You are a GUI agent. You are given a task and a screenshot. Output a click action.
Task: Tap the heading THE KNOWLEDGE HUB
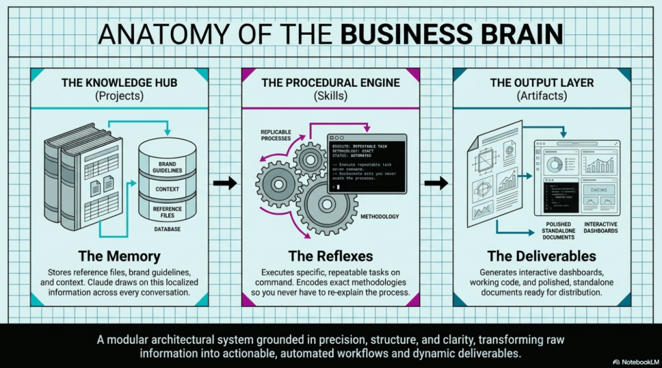coord(118,83)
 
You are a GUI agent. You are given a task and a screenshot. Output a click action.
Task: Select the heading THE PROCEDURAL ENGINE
coord(330,83)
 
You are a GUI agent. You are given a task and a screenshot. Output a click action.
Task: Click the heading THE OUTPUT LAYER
coord(542,83)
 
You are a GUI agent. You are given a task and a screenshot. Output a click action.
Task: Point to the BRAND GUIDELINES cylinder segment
coord(167,168)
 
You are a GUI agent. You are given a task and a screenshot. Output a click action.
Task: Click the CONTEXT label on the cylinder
coord(167,189)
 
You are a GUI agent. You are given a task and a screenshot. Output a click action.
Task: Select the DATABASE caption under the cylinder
coord(167,230)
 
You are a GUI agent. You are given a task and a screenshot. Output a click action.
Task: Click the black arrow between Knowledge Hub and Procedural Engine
coord(225,184)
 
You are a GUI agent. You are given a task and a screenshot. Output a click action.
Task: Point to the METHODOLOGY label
coord(379,217)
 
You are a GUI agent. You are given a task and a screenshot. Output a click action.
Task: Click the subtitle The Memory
coord(119,255)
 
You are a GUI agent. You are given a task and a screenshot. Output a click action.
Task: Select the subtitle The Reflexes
coord(331,255)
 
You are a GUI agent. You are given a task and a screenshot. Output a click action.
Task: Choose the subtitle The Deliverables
coord(542,255)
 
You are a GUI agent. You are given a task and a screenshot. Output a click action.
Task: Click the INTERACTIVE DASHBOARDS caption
coord(601,227)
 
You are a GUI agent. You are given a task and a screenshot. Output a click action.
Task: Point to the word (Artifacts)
coord(542,96)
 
